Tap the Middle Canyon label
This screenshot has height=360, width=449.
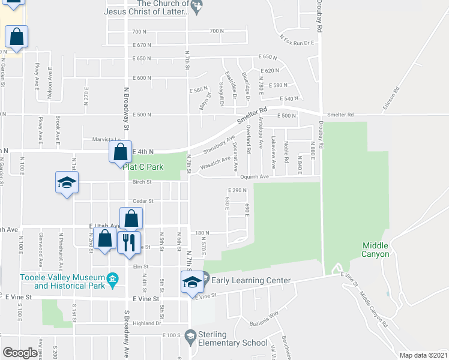click(x=375, y=250)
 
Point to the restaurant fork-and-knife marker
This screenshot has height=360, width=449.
click(x=128, y=243)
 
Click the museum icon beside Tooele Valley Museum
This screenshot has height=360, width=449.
click(x=111, y=278)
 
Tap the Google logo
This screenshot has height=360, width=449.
click(x=20, y=353)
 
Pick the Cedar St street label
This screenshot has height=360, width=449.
click(x=143, y=201)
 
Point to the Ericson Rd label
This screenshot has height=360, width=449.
click(x=391, y=98)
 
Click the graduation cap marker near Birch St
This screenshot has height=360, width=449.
click(x=67, y=184)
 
